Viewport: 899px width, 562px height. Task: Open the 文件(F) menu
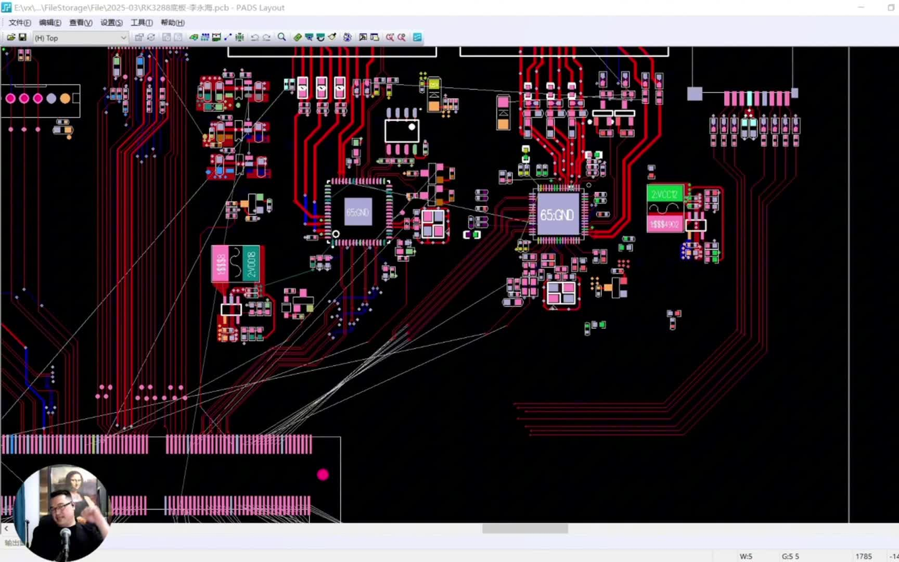click(x=19, y=23)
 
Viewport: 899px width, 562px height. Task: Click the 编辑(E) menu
click(x=50, y=23)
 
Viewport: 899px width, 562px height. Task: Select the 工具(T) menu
click(x=142, y=23)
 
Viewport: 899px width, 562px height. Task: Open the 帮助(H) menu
click(x=172, y=23)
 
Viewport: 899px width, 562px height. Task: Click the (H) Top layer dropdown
click(x=80, y=38)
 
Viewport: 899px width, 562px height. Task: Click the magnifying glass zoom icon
click(x=281, y=37)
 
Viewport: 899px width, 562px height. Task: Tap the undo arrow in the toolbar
click(x=254, y=37)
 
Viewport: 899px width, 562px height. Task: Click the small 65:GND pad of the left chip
click(x=358, y=212)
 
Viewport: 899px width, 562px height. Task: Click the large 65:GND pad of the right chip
click(x=557, y=214)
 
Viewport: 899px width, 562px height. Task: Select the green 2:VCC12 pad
click(x=664, y=194)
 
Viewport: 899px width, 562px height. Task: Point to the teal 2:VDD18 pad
click(x=251, y=264)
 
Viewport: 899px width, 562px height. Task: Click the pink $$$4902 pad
click(x=664, y=224)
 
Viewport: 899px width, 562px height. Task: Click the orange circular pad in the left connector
click(x=65, y=98)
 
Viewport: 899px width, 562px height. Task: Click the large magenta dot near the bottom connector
click(x=323, y=475)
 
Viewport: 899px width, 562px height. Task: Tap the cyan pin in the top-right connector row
click(x=750, y=98)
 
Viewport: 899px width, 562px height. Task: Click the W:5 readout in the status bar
click(x=746, y=556)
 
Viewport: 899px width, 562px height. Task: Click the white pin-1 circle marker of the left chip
click(x=336, y=234)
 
